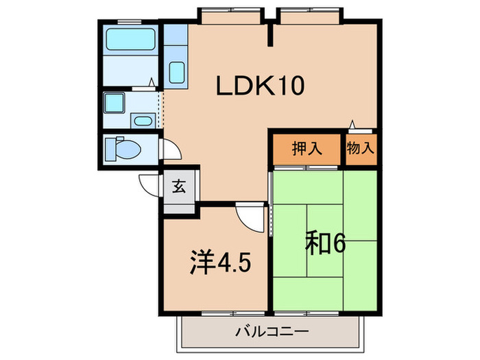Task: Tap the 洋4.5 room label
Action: (x=216, y=263)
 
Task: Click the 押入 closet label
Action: (x=307, y=149)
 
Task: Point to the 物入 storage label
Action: (x=360, y=149)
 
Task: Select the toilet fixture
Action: (x=127, y=147)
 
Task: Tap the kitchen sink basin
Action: (x=176, y=71)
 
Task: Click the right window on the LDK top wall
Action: (x=310, y=12)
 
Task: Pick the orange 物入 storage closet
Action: (x=361, y=149)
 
